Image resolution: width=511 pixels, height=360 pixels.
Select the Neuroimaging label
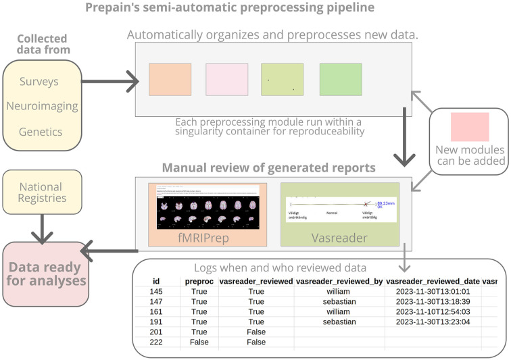coord(43,106)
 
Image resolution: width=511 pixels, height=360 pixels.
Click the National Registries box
coord(43,192)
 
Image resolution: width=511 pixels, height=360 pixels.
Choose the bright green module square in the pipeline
coord(341,80)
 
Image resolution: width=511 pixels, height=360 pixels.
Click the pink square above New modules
coord(470,127)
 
